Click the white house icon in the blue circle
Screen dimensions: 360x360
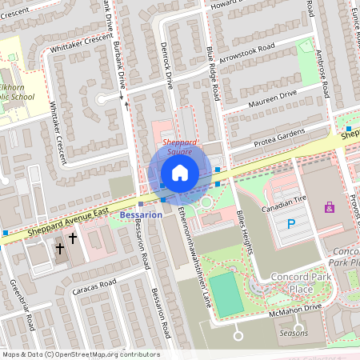point(180,173)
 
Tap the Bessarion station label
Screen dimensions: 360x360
point(141,215)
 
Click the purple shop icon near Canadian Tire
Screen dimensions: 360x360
point(329,207)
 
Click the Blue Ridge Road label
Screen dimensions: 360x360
point(213,73)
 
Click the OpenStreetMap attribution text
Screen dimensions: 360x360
point(80,354)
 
